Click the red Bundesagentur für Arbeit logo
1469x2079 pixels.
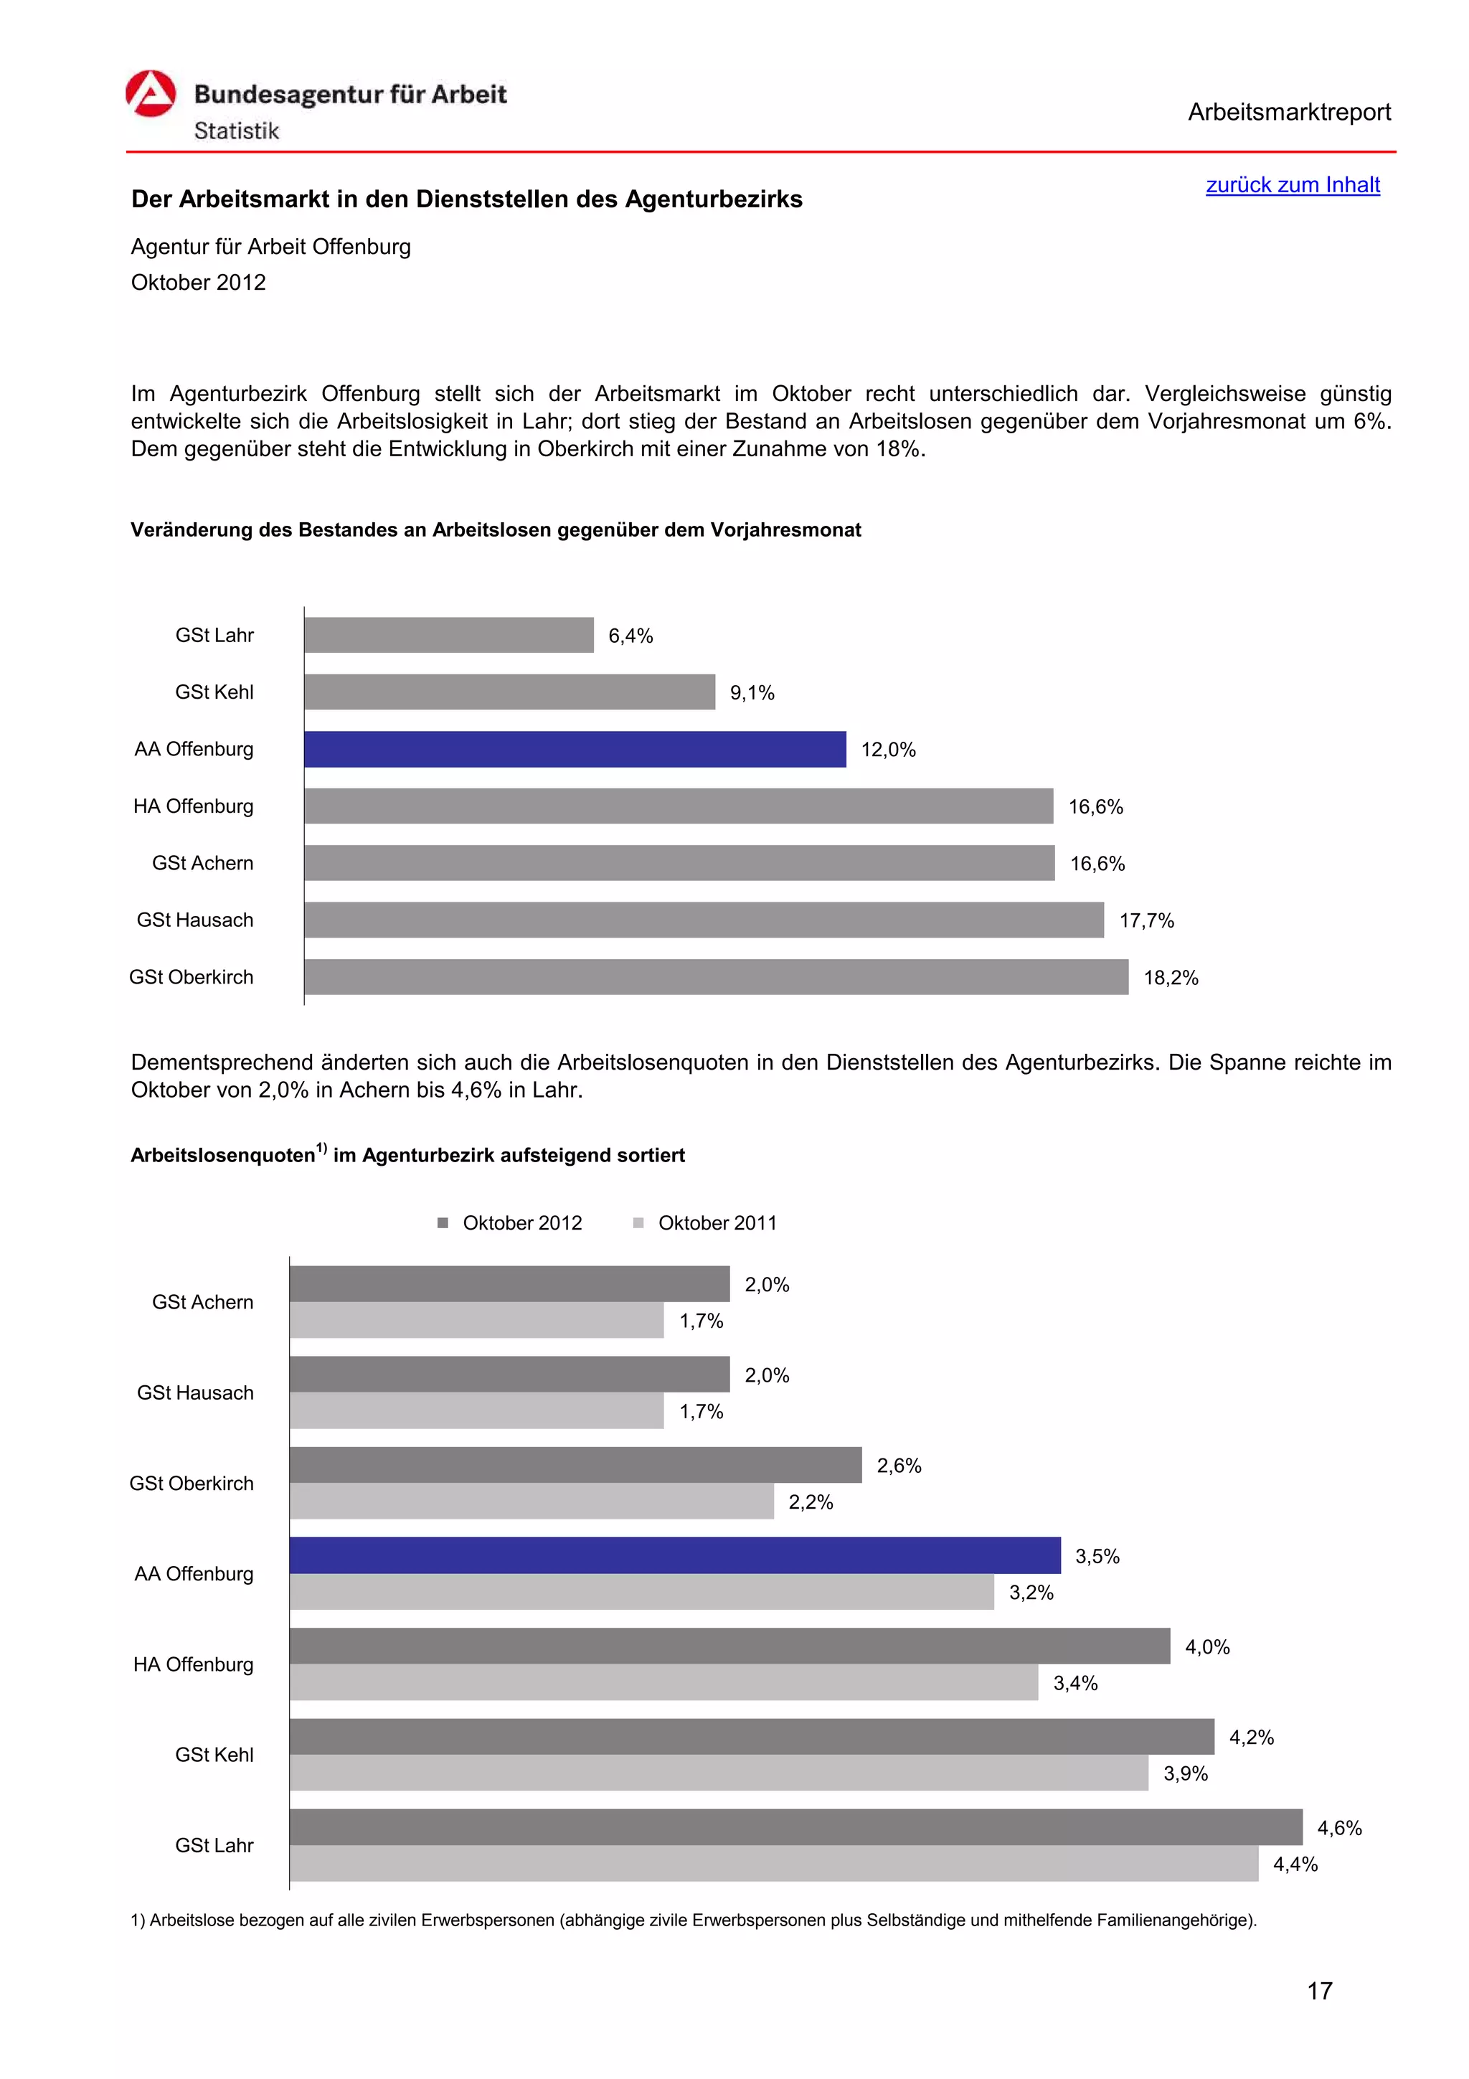150,94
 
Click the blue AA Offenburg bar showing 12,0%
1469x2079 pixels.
575,749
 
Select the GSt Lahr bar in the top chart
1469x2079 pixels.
449,635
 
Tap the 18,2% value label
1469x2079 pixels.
1171,978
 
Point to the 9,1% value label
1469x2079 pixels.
752,693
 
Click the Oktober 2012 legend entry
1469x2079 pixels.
511,1222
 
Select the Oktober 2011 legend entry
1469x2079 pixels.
706,1222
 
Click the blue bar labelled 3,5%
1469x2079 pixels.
674,1555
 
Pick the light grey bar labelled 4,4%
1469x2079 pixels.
774,1864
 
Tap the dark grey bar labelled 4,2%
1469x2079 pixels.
751,1736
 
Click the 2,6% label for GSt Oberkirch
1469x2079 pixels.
899,1465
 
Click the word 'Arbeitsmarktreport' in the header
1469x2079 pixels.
1289,113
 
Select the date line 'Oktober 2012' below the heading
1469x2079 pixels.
198,283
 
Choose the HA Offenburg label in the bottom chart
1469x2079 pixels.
193,1664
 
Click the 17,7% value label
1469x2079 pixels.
1146,921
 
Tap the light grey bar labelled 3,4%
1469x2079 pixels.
663,1682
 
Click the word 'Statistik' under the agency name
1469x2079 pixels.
236,131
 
